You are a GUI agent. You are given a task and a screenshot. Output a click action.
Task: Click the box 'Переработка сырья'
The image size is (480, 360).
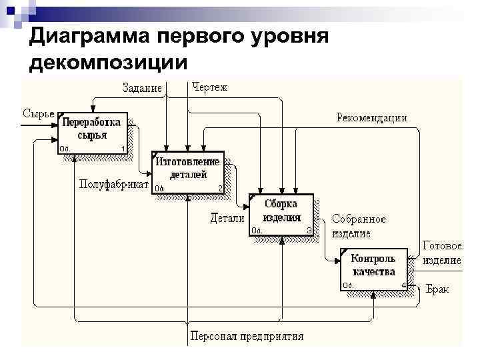point(93,132)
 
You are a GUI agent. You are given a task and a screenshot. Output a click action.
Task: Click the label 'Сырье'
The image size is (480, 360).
point(38,113)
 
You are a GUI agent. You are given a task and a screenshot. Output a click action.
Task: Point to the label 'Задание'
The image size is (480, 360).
point(143,88)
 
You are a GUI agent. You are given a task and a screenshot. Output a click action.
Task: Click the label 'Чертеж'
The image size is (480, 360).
point(210,87)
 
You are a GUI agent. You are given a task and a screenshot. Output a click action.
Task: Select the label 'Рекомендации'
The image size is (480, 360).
point(371,117)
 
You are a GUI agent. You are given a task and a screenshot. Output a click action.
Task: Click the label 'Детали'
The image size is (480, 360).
point(227,218)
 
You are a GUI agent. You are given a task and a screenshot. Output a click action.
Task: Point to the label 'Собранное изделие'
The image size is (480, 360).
point(359,226)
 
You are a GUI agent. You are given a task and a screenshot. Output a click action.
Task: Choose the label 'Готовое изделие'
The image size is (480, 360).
point(442,253)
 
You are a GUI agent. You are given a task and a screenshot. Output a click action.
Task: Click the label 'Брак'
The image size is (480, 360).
point(437,289)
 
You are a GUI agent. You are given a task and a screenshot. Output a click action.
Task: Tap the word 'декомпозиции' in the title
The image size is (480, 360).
point(109,63)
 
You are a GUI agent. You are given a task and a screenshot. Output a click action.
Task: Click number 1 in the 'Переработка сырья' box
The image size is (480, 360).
point(123,148)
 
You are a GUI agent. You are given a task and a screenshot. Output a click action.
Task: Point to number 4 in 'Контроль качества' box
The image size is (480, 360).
point(403,286)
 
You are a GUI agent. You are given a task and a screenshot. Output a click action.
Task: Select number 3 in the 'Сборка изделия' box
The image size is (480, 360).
point(309,231)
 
